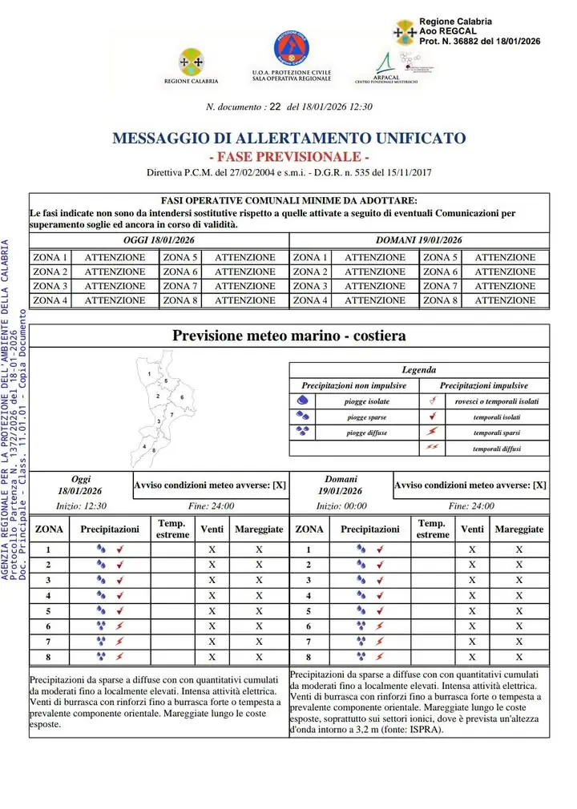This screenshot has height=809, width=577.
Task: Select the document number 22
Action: [x=275, y=107]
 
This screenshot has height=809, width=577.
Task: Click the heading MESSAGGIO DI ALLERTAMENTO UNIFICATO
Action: [x=288, y=138]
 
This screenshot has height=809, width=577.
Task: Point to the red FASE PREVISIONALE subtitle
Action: [x=288, y=156]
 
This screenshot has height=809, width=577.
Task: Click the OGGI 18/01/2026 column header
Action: [x=159, y=240]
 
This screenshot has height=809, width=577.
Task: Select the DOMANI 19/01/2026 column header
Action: [x=419, y=240]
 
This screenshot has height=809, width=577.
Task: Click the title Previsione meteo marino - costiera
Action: [x=288, y=336]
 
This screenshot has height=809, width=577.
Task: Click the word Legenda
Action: [x=419, y=370]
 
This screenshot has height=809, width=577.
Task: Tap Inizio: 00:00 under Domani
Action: [x=341, y=506]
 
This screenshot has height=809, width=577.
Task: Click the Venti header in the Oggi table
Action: [x=212, y=529]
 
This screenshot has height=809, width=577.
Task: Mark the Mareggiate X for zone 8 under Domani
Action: [x=519, y=656]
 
